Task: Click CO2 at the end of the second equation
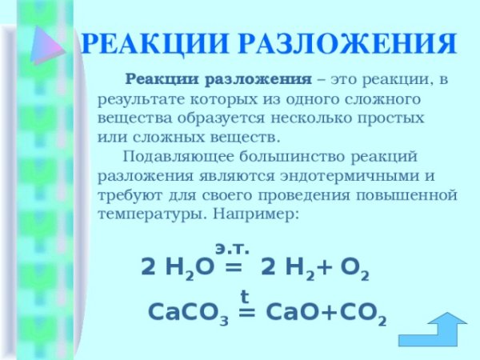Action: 361,314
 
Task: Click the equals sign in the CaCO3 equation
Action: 248,314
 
